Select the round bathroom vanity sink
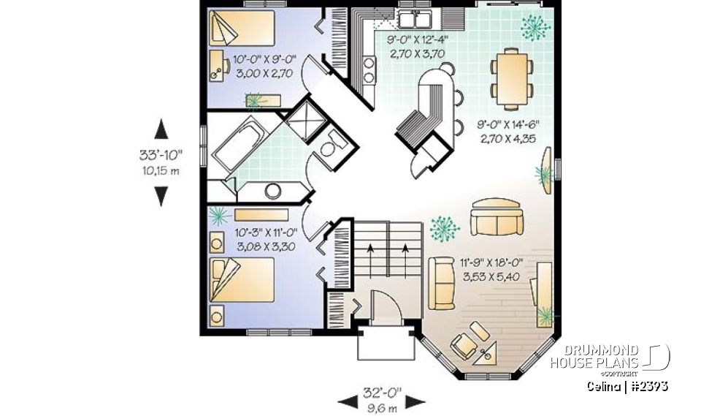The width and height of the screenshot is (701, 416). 273,192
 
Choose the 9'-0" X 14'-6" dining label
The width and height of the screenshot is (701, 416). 508,130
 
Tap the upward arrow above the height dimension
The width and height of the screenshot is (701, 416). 161,130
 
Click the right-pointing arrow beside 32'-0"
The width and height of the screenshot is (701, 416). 415,401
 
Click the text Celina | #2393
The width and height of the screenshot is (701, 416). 627,386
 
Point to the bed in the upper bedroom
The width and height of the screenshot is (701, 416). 242,29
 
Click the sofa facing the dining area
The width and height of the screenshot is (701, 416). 495,216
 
